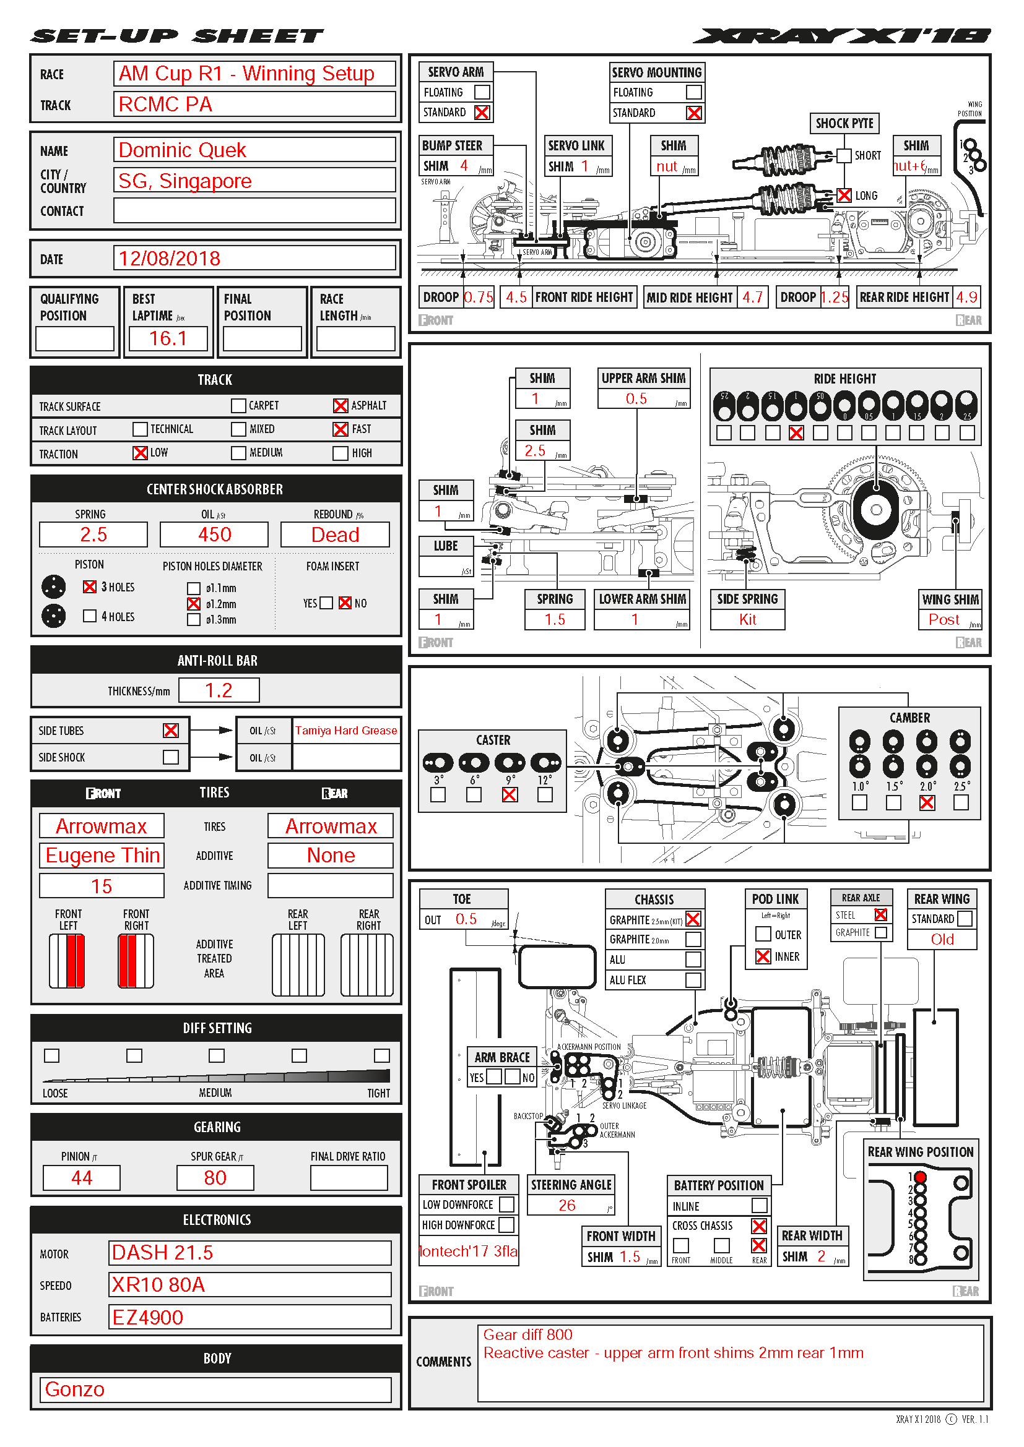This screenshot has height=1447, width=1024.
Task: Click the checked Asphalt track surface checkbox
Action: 340,406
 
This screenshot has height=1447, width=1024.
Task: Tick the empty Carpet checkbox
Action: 238,406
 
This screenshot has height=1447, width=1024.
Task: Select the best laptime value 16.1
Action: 168,338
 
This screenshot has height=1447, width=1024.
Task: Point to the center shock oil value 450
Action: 214,535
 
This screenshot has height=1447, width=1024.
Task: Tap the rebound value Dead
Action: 335,535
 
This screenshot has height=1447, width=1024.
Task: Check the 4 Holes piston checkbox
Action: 90,616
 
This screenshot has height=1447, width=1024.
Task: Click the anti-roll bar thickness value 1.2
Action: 219,690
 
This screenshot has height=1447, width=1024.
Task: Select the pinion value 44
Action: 81,1177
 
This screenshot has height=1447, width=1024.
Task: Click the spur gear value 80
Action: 215,1177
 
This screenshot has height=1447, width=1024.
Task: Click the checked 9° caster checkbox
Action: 510,795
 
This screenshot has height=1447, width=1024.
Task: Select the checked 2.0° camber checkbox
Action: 926,802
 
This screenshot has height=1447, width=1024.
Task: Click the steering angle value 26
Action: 567,1205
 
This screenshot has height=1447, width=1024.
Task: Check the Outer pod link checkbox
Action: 763,934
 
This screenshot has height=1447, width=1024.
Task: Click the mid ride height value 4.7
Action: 752,297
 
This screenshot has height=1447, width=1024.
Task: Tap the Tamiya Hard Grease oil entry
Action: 346,731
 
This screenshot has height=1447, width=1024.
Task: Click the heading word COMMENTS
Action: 443,1361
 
